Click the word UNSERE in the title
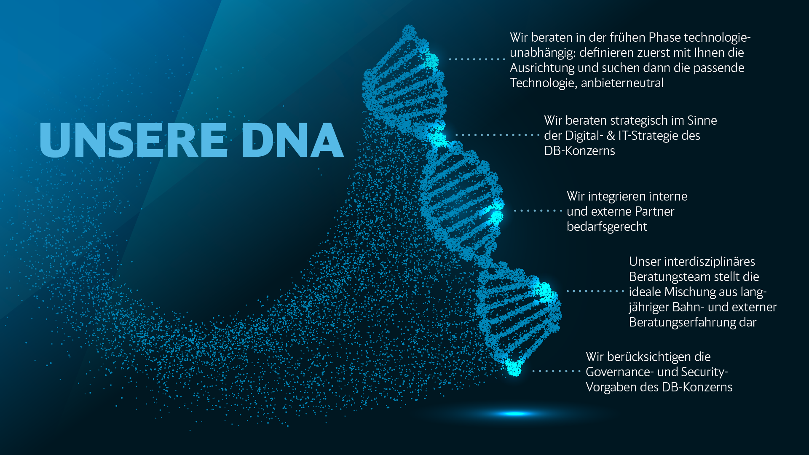point(134,140)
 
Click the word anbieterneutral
point(622,83)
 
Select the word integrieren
point(616,197)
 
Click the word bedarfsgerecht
point(607,227)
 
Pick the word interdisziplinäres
point(710,262)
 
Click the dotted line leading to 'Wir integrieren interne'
point(538,211)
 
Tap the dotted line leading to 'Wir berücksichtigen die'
point(557,371)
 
